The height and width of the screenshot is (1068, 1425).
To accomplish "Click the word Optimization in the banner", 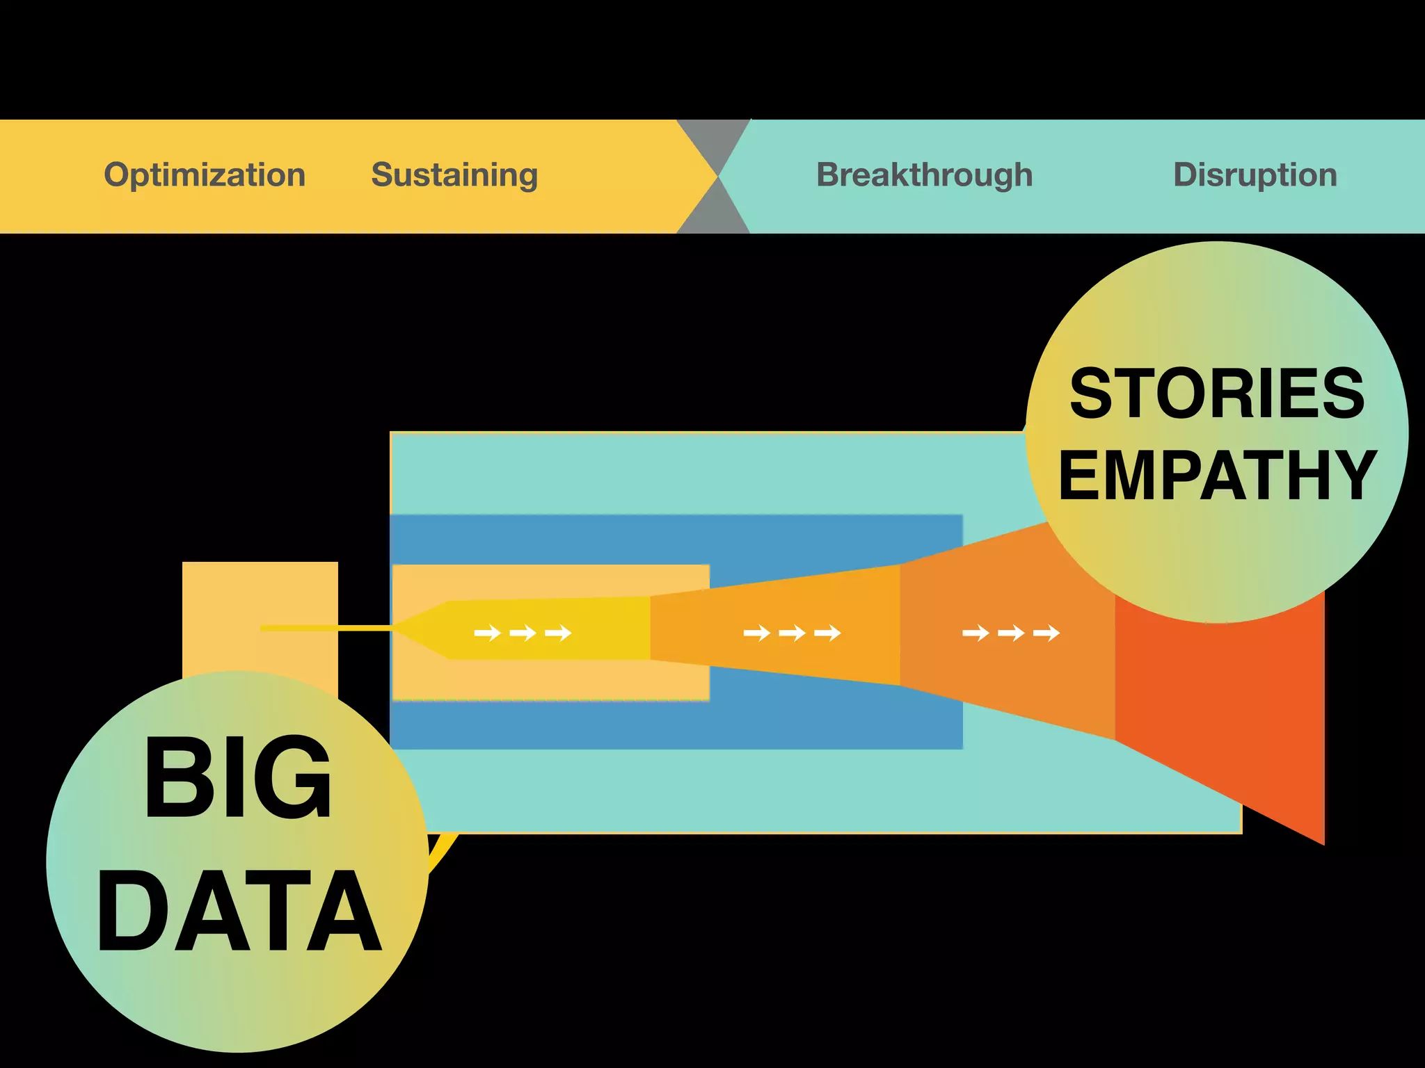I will [x=205, y=175].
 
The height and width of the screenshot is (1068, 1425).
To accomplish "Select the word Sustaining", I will [x=454, y=175].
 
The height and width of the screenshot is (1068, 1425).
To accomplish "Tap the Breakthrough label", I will [x=924, y=175].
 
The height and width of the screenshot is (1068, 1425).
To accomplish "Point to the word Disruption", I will [x=1255, y=175].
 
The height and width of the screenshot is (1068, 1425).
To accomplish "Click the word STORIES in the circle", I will [x=1217, y=394].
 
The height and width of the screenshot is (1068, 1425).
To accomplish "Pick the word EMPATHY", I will [x=1217, y=476].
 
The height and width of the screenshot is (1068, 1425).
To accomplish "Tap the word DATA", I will [x=239, y=911].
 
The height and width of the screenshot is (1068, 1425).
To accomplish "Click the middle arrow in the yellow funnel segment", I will [x=523, y=633].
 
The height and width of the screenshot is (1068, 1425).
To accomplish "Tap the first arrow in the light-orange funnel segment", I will [x=756, y=633].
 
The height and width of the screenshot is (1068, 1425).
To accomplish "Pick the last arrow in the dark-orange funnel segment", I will [x=1046, y=633].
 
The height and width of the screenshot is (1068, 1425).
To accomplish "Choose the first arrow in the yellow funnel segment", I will [x=487, y=633].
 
